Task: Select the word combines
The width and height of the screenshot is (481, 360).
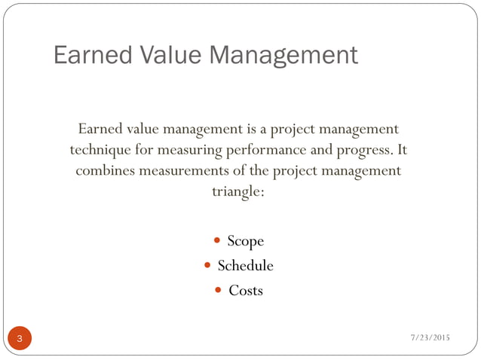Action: pyautogui.click(x=105, y=170)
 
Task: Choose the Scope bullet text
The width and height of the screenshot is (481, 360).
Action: pyautogui.click(x=246, y=242)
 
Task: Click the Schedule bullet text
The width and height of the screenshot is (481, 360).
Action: pyautogui.click(x=245, y=266)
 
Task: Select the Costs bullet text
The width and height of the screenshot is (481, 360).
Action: pyautogui.click(x=246, y=290)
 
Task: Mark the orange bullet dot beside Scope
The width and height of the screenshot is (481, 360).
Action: pyautogui.click(x=217, y=242)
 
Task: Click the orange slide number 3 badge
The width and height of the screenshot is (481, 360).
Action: pyautogui.click(x=20, y=338)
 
